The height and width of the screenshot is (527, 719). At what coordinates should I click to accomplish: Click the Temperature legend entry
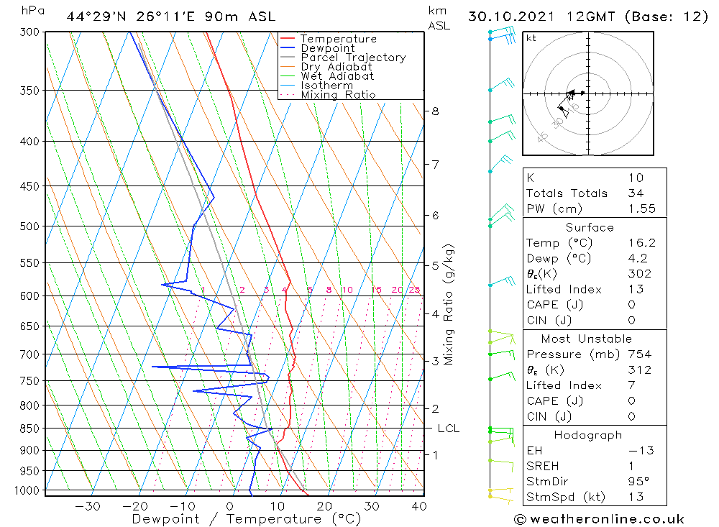point(337,39)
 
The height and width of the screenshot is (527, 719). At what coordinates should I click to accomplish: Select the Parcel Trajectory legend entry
point(352,58)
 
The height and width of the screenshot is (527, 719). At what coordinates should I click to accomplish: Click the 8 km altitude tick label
point(435,111)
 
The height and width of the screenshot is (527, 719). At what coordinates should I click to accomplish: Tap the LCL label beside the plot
point(448,429)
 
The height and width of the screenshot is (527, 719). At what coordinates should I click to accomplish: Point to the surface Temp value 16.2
point(641,243)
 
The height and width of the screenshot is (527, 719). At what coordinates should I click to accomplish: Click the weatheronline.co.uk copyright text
point(598,519)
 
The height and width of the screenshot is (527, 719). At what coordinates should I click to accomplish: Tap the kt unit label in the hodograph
point(531,38)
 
